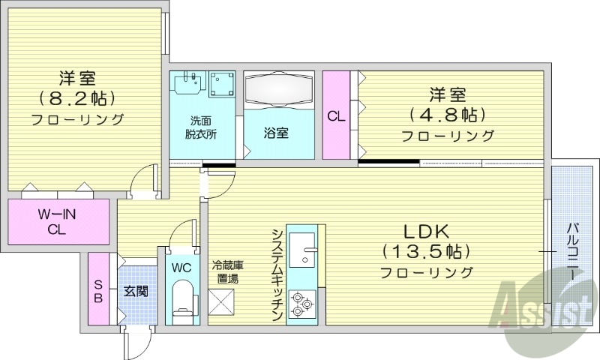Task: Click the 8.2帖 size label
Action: [x=77, y=97]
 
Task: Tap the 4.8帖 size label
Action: [x=448, y=115]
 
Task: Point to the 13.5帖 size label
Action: [x=425, y=250]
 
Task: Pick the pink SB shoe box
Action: [x=98, y=289]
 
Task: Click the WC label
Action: [x=181, y=268]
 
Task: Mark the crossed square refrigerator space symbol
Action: [x=223, y=303]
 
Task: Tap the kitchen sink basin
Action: [x=303, y=249]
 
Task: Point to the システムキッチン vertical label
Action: [x=277, y=274]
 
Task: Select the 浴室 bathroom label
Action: [x=275, y=133]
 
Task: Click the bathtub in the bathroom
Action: [x=277, y=90]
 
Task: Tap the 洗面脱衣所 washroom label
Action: [x=202, y=127]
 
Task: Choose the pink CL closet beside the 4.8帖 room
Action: [x=335, y=115]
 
